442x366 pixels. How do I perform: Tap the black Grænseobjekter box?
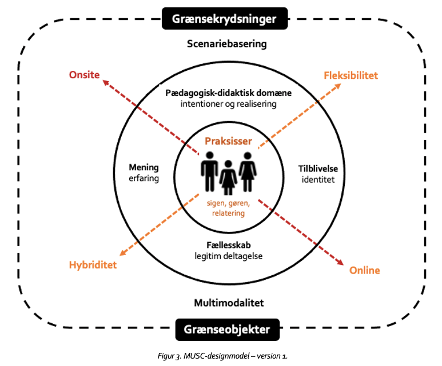coord(228,329)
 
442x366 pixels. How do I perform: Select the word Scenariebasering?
coord(226,43)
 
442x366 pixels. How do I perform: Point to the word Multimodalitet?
coord(227,302)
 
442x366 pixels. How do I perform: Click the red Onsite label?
coord(85,74)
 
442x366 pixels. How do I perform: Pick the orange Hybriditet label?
coord(93,265)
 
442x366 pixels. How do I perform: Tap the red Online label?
coord(364,270)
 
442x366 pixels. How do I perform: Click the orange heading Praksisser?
coord(228,140)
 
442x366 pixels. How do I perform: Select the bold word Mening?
coord(144,168)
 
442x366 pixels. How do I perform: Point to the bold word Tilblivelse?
coord(316,169)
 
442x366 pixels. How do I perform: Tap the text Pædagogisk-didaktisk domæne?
coord(228,92)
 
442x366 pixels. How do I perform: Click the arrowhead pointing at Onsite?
coord(106,83)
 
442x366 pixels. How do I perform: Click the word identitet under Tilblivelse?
coord(316,179)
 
